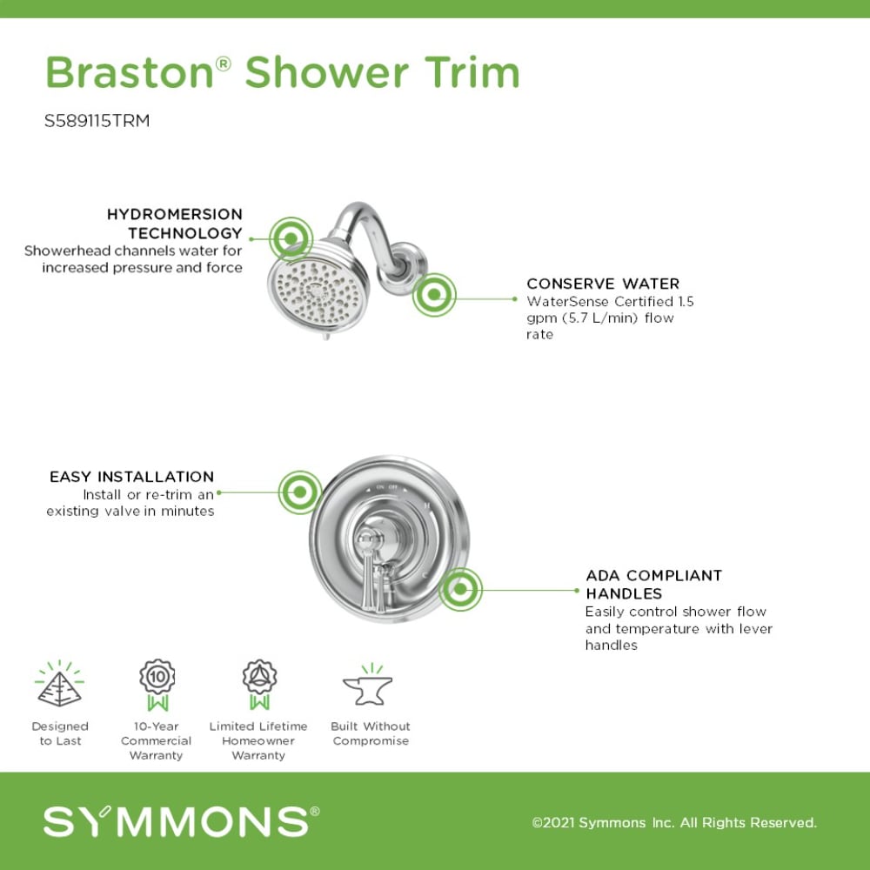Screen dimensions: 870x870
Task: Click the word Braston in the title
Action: click(x=129, y=72)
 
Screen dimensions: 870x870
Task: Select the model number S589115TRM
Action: click(x=97, y=121)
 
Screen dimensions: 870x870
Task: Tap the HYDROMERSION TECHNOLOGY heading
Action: click(x=174, y=224)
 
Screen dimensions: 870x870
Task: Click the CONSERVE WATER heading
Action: click(x=603, y=284)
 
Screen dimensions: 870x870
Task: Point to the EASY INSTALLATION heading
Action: click(x=131, y=477)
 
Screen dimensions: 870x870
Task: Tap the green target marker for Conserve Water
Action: click(x=433, y=297)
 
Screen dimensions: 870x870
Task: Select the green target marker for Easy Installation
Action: click(x=299, y=492)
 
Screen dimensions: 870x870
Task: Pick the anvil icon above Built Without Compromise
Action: click(x=368, y=686)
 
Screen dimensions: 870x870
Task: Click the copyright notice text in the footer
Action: click(x=674, y=822)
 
